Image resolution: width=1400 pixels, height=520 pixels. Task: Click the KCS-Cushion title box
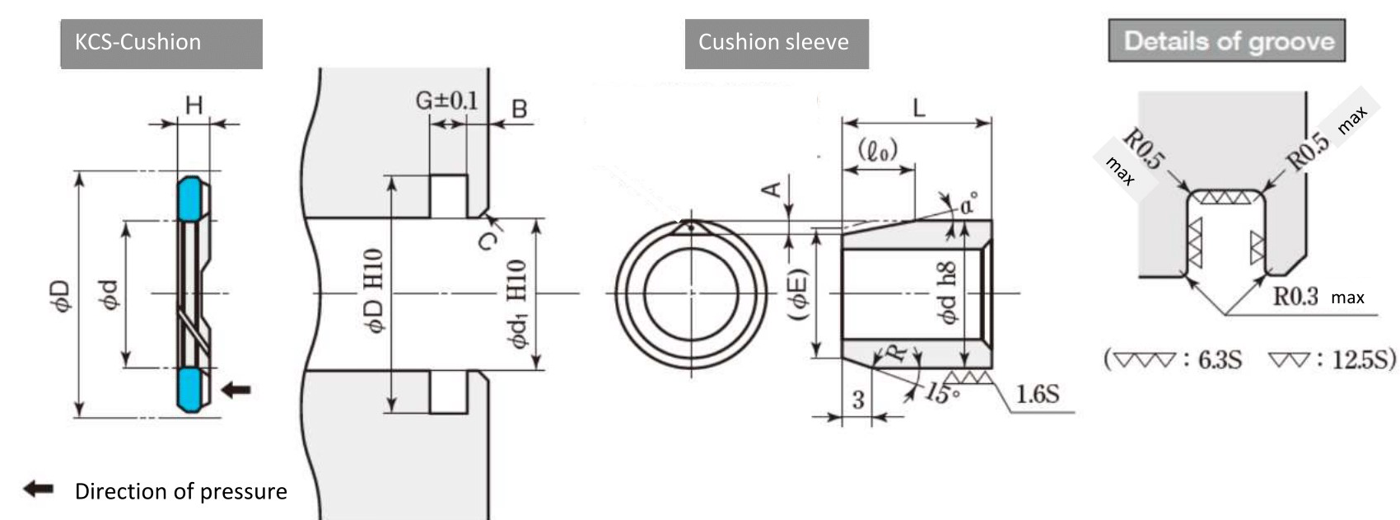[x=161, y=44]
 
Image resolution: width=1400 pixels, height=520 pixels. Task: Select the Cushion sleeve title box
[x=777, y=44]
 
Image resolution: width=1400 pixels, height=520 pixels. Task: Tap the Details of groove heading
[x=1227, y=40]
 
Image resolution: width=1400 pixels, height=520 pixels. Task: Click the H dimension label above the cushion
[x=194, y=105]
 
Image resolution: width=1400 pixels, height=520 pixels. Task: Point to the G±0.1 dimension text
[x=446, y=100]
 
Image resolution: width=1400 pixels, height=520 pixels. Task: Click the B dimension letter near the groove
[x=520, y=109]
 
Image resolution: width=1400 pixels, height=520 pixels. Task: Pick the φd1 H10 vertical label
[x=518, y=303]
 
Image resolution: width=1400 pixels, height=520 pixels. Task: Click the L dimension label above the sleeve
[x=918, y=108]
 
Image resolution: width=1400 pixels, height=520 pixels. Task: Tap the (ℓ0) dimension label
[x=878, y=150]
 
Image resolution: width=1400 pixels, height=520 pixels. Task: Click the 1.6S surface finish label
[x=1038, y=394]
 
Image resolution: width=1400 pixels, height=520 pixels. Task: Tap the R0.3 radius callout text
[x=1295, y=297]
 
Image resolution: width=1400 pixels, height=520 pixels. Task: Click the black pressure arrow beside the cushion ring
[x=236, y=390]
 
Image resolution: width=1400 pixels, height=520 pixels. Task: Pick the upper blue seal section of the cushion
[x=189, y=199]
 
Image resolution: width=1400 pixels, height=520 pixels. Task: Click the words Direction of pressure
[x=180, y=492]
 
